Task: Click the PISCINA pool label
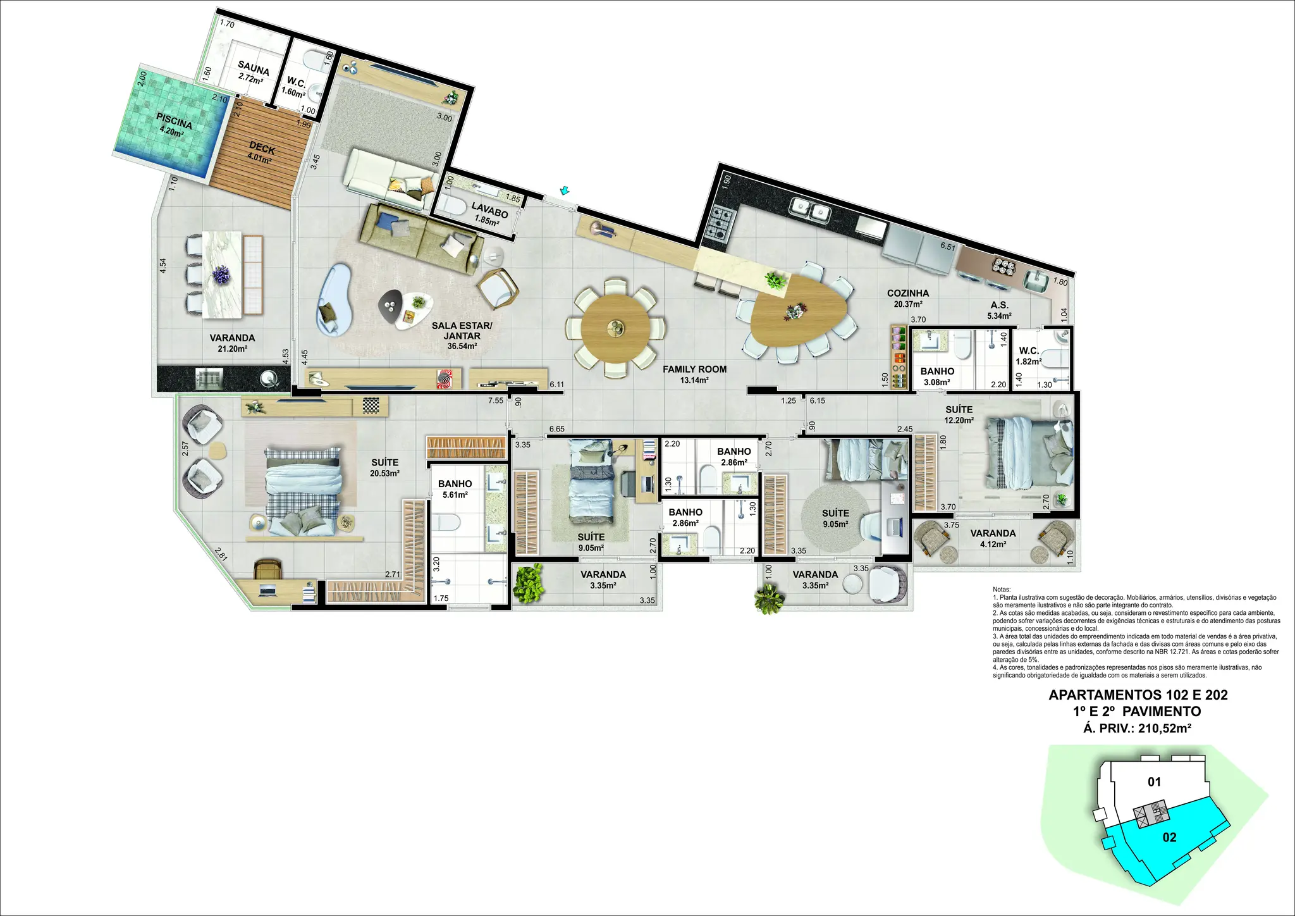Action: [x=175, y=121]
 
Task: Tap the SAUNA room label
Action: [x=254, y=68]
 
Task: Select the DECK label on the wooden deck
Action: [x=262, y=148]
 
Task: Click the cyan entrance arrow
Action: [x=564, y=190]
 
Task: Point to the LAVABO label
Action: [x=489, y=209]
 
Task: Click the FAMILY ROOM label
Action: [x=694, y=369]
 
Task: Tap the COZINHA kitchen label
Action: [x=908, y=294]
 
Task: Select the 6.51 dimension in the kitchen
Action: [x=947, y=247]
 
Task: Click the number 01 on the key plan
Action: [x=1155, y=782]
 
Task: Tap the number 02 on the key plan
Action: [x=1170, y=838]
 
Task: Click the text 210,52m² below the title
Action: [x=1165, y=728]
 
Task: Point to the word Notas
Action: [x=1002, y=590]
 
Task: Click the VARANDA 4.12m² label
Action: [x=993, y=538]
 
